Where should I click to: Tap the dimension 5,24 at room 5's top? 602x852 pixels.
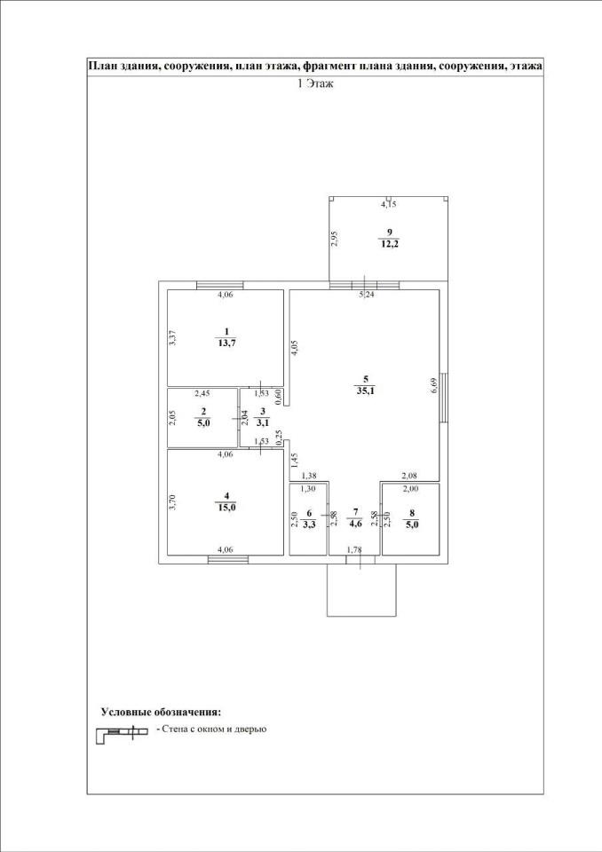(x=365, y=296)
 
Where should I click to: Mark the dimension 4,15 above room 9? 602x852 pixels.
(x=388, y=204)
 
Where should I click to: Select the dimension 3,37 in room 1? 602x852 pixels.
(x=172, y=339)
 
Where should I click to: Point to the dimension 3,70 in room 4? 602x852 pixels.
(x=172, y=501)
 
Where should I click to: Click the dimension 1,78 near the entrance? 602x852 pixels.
(x=354, y=551)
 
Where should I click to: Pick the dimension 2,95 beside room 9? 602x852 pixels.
(x=335, y=240)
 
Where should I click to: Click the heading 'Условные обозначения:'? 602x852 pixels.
(x=161, y=712)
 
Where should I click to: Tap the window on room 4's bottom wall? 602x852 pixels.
(x=228, y=559)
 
